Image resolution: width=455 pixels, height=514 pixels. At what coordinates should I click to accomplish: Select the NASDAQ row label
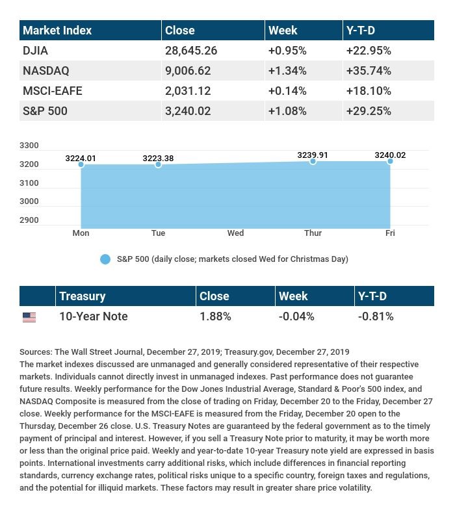point(45,70)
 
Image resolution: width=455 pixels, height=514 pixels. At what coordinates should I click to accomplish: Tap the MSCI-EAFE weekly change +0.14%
point(287,90)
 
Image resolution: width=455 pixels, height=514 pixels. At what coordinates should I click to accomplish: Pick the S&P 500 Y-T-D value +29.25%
point(369,111)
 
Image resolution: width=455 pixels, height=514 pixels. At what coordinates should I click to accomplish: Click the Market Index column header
point(57,31)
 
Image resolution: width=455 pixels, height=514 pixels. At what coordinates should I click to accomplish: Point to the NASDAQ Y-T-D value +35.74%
point(369,70)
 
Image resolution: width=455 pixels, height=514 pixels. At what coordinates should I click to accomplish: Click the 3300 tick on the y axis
point(29,146)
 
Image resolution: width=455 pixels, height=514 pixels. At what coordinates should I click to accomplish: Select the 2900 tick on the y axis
point(29,220)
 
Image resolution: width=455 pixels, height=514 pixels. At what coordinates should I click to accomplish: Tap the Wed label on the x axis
point(235,233)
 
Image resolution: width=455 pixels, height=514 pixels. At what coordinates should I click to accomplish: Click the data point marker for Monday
point(81,164)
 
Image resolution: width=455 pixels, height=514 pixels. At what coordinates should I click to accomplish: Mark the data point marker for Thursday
point(313,161)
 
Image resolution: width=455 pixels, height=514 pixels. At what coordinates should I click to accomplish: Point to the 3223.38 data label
point(159,158)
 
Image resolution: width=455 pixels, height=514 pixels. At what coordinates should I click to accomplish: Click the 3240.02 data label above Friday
point(390,155)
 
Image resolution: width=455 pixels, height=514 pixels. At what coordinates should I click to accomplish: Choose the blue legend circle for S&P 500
point(105,259)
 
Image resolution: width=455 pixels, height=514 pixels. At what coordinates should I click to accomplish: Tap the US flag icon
point(29,317)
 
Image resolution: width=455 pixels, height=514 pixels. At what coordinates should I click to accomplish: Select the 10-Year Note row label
point(93,316)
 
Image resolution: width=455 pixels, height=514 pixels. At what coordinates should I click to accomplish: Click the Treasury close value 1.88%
point(214,316)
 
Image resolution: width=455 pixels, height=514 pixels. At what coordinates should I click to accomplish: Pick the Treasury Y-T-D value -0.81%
point(376,316)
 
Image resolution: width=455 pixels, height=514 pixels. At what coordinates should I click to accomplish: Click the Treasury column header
point(82,296)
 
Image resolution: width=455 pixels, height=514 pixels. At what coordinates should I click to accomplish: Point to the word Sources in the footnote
point(35,352)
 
